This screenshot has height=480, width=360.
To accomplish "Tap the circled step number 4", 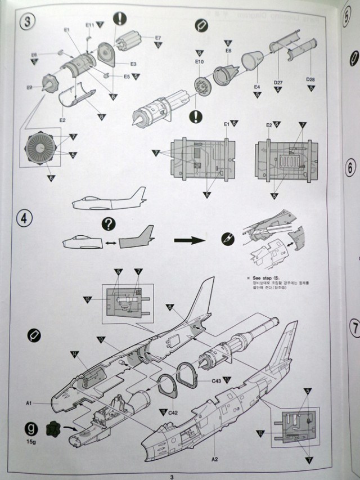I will pyautogui.click(x=25, y=218).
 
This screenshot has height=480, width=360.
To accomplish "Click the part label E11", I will pyautogui.click(x=90, y=25).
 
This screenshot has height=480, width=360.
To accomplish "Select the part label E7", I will pyautogui.click(x=158, y=38).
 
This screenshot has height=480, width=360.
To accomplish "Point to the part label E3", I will pyautogui.click(x=134, y=64).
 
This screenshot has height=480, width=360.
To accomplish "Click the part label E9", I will pyautogui.click(x=29, y=87).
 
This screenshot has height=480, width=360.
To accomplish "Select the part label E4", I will pyautogui.click(x=256, y=87).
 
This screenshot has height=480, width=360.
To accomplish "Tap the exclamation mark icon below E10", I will pyautogui.click(x=196, y=116).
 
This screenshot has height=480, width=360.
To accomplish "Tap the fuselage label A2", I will pyautogui.click(x=214, y=459).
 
